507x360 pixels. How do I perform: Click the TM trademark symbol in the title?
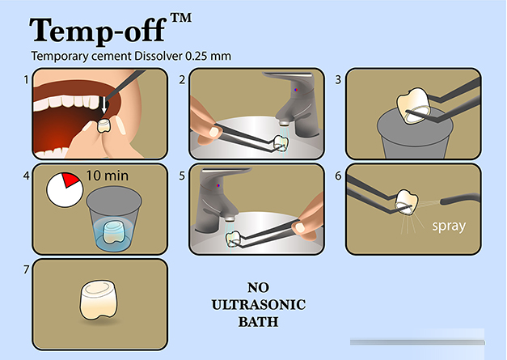[181, 18]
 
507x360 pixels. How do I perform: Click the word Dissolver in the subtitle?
[158, 56]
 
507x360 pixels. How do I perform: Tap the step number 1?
[26, 79]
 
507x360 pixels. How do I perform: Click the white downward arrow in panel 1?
[104, 105]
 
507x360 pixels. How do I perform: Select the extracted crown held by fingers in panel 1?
[104, 126]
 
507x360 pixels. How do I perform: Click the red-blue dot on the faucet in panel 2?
[295, 90]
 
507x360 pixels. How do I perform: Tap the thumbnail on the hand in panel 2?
[213, 131]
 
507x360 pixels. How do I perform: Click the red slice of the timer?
[71, 180]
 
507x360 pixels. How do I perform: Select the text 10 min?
[107, 176]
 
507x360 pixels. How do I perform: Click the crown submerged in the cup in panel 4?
[113, 232]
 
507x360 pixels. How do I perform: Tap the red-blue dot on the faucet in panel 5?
[218, 185]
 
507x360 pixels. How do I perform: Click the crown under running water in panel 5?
[234, 239]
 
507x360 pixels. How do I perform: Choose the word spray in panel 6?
[449, 226]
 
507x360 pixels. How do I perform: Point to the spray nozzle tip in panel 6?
[442, 201]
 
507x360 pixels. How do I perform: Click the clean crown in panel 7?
[99, 300]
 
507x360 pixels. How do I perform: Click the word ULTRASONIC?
[258, 305]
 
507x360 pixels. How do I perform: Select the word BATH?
[258, 322]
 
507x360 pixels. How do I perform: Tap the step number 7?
[27, 269]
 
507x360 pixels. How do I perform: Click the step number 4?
[26, 176]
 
